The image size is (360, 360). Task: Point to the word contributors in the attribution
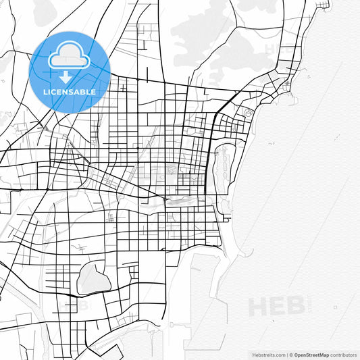(343, 354)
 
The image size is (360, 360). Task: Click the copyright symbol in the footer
(290, 354)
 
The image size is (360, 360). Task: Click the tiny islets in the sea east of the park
(271, 144)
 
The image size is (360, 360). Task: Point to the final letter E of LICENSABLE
(93, 92)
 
